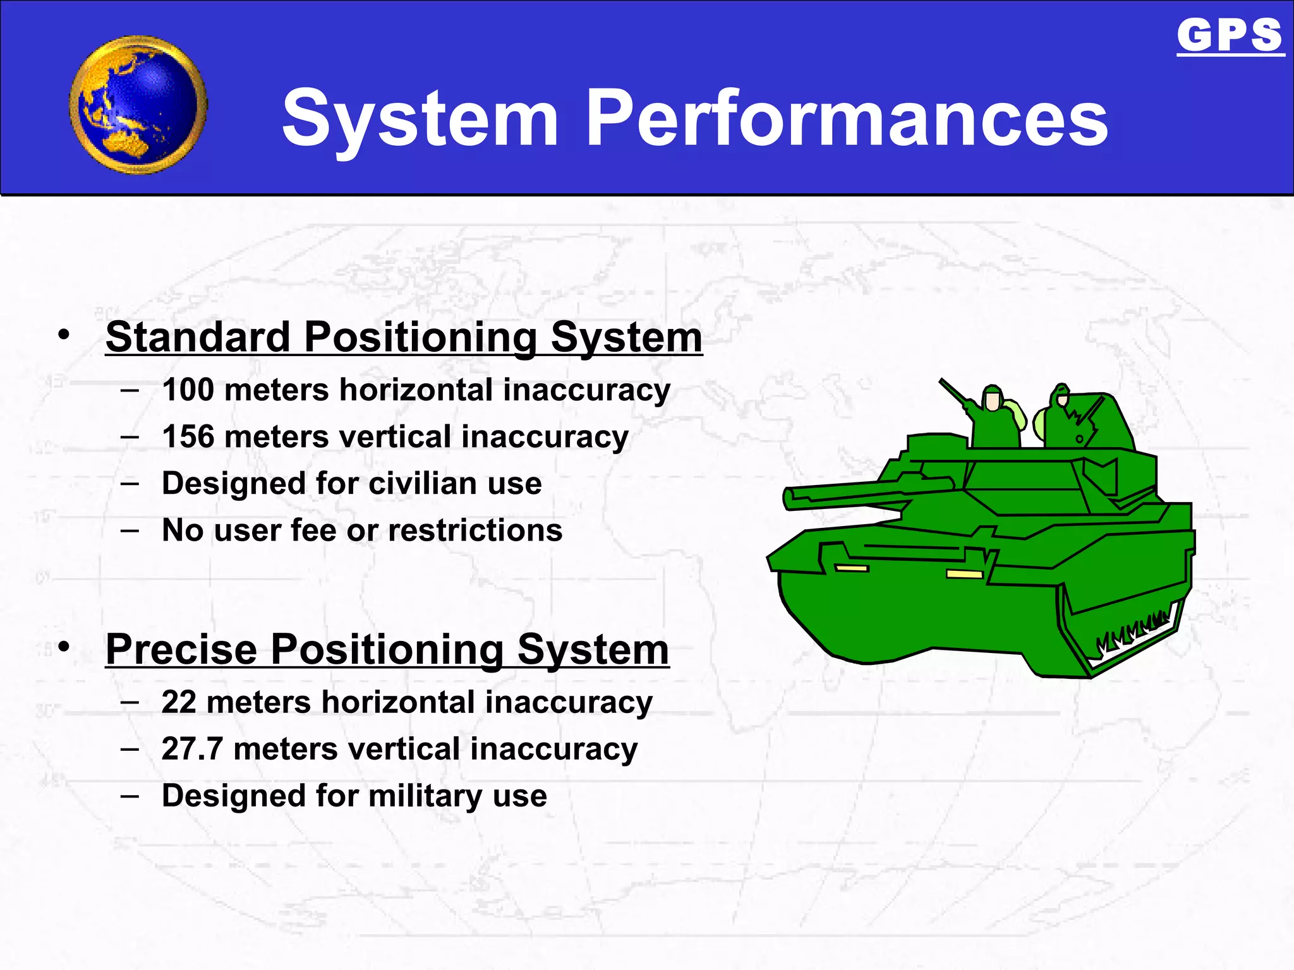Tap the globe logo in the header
(x=138, y=105)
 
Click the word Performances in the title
(x=847, y=118)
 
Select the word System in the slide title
(x=420, y=118)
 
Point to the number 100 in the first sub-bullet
(x=188, y=390)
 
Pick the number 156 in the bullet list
(x=188, y=436)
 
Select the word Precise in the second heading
(x=181, y=649)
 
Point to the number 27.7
(x=192, y=749)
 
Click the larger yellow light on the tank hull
(x=964, y=574)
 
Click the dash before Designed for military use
(x=130, y=795)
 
